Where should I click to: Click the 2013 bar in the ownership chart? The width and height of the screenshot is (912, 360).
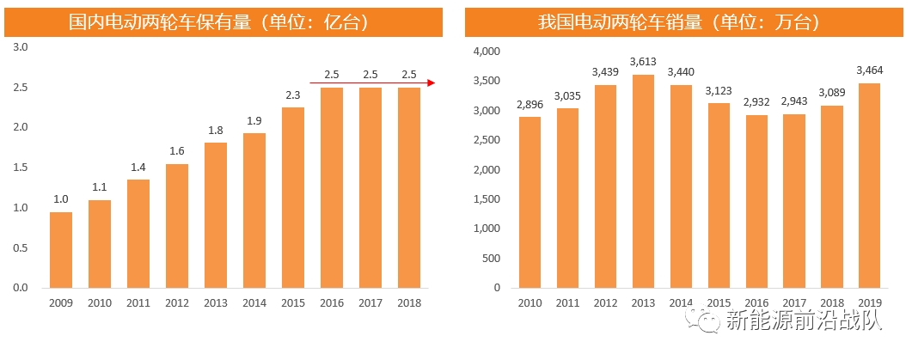click(216, 215)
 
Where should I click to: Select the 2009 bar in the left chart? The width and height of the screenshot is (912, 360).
click(61, 249)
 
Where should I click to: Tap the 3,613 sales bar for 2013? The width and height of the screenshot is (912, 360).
click(642, 180)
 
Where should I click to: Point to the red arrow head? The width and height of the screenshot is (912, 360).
click(432, 83)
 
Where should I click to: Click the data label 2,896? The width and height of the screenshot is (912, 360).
click(529, 105)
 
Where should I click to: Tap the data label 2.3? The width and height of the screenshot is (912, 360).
click(292, 95)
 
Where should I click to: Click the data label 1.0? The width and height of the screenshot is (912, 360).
click(61, 199)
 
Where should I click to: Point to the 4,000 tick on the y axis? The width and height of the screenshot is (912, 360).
click(487, 52)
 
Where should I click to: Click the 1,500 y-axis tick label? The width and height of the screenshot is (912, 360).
click(487, 199)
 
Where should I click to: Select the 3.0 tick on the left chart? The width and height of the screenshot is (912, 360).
click(21, 47)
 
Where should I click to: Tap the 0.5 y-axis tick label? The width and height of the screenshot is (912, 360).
click(21, 247)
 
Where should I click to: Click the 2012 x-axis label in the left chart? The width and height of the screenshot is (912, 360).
click(177, 303)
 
